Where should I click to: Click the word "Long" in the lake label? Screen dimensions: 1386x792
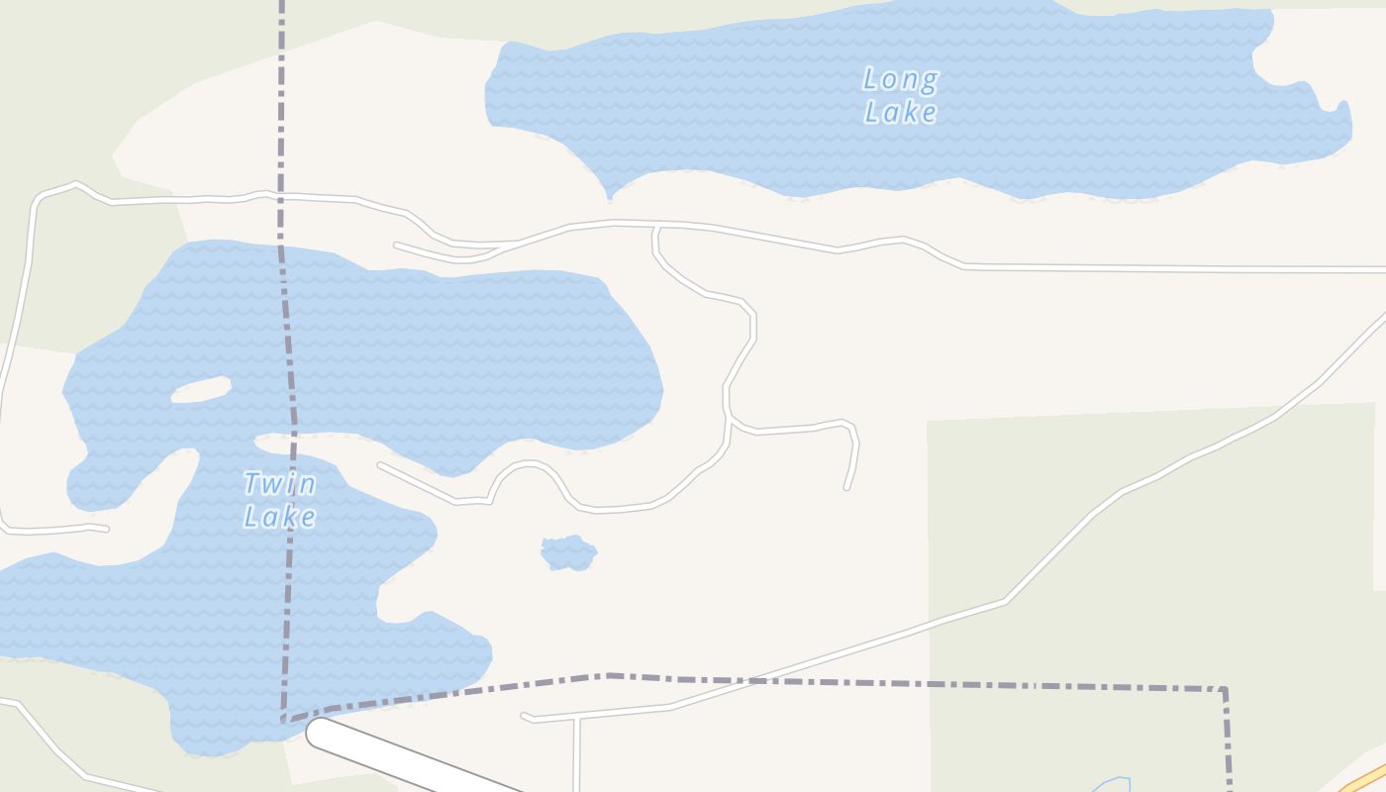click(900, 79)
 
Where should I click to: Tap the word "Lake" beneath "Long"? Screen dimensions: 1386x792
click(900, 112)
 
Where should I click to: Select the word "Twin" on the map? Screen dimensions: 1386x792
click(279, 484)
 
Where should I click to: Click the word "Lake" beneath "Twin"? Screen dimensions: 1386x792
click(279, 517)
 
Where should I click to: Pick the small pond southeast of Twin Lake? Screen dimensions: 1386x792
click(569, 553)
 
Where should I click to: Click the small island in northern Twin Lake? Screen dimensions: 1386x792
click(201, 389)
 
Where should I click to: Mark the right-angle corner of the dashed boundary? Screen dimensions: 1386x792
click(1225, 689)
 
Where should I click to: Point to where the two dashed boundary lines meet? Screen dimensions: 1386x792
click(284, 720)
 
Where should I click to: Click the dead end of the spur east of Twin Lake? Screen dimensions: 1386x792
click(847, 487)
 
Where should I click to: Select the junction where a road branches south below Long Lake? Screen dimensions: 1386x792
click(655, 228)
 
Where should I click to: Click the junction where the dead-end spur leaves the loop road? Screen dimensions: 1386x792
click(730, 423)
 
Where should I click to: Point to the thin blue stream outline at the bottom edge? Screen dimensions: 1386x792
click(1111, 784)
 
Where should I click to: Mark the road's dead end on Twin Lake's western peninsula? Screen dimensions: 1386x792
click(106, 529)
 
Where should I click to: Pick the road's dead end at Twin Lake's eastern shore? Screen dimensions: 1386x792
click(380, 464)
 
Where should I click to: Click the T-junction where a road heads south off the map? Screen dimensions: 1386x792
click(575, 719)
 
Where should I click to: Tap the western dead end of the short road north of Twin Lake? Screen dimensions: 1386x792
click(397, 245)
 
